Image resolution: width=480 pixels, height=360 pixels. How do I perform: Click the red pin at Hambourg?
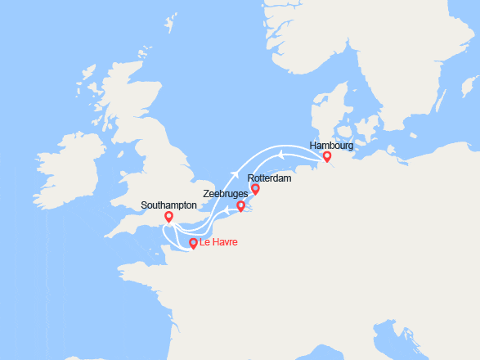point(327,156)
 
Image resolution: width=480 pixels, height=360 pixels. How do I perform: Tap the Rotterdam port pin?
point(255,189)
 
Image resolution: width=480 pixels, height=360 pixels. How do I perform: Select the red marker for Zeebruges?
point(240,206)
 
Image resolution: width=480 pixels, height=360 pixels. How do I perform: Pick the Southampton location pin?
point(168,217)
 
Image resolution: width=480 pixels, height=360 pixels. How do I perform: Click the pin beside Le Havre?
point(193,243)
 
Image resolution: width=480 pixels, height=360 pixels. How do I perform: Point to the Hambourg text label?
point(331,145)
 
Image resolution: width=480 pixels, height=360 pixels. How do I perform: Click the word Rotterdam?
point(269,177)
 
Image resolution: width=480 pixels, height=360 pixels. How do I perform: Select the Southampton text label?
point(168,205)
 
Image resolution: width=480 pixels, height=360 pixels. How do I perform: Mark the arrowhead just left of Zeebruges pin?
point(227,210)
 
